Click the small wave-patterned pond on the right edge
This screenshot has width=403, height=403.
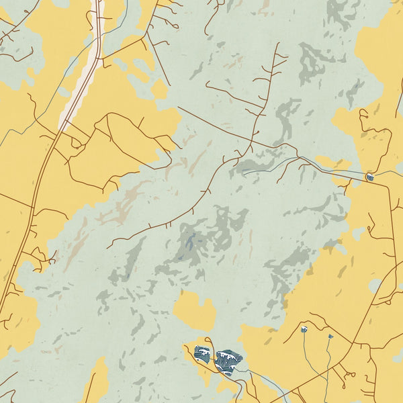point(370,177)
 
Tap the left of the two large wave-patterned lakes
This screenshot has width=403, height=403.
point(202,353)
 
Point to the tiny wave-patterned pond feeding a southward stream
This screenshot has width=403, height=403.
point(304,329)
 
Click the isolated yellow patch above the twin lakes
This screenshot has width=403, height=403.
point(194,310)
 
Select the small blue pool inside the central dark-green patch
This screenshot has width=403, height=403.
point(190,242)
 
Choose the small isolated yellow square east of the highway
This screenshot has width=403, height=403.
point(160,90)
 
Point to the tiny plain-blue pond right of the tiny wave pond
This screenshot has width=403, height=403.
point(330,336)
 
